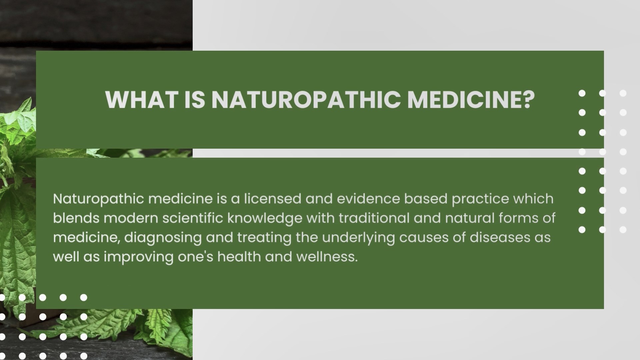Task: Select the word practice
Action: tap(480, 199)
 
